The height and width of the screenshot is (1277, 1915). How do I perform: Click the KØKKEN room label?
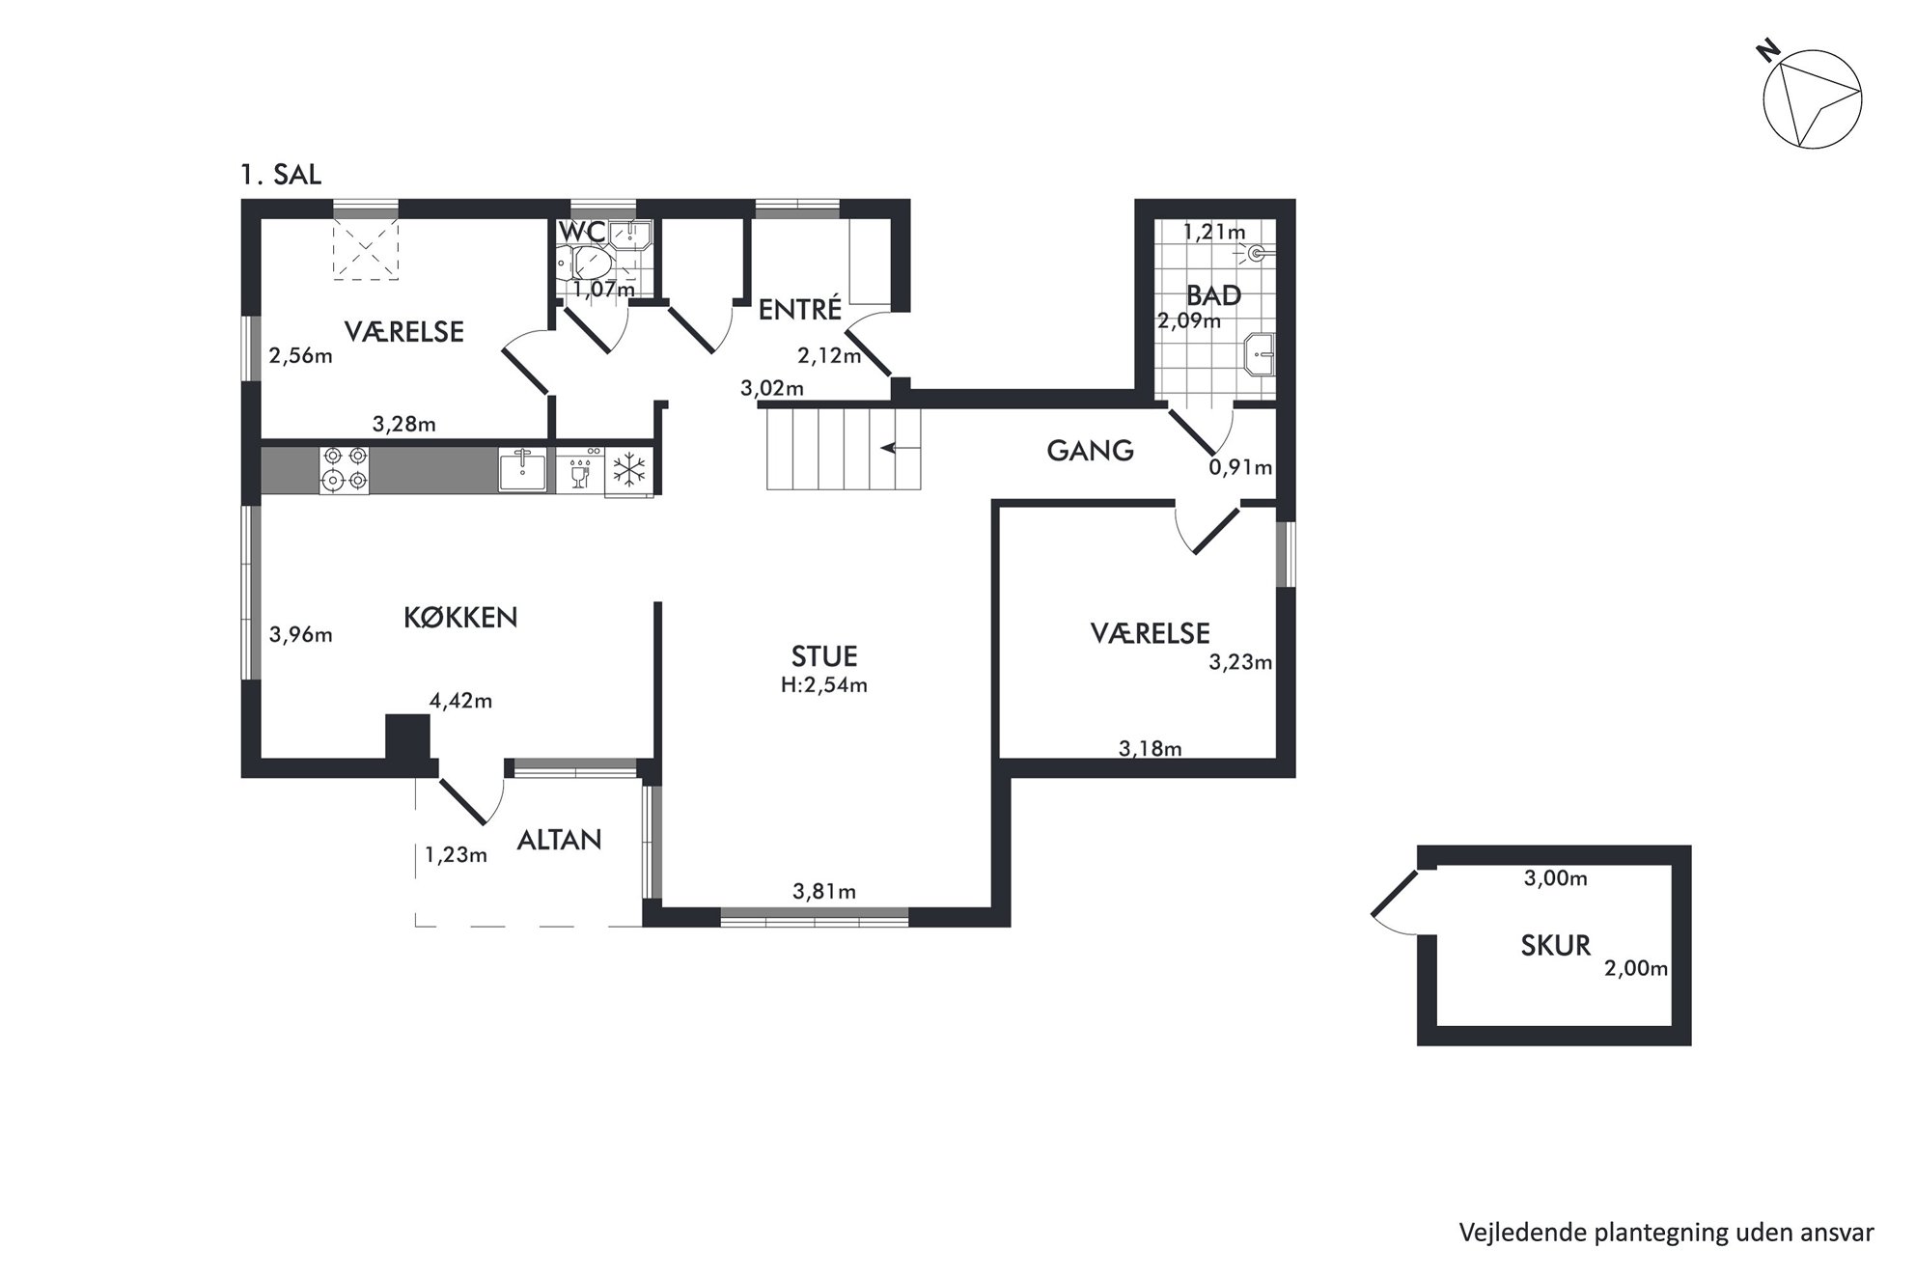click(x=460, y=618)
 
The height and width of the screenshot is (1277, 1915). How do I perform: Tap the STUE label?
click(x=824, y=657)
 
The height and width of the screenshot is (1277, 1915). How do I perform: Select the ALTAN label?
click(x=560, y=840)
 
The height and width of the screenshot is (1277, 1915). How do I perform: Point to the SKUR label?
click(x=1556, y=946)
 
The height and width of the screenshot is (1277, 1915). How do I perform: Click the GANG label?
click(x=1091, y=451)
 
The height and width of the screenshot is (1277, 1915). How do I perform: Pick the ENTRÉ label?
click(x=800, y=309)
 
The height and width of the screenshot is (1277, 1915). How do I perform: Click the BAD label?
click(x=1213, y=295)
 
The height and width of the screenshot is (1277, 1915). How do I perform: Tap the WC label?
click(x=583, y=233)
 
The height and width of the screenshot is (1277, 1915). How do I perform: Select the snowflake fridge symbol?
click(x=629, y=471)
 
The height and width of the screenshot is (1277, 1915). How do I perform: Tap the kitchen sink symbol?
click(x=522, y=469)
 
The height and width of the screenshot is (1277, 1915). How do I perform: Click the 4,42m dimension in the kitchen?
click(x=460, y=701)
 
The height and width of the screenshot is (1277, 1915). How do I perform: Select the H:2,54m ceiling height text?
click(x=824, y=685)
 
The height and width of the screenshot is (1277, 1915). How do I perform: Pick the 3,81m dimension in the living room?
click(x=824, y=892)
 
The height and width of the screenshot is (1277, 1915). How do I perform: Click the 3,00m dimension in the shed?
click(x=1555, y=878)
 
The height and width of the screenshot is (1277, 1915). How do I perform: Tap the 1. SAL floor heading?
click(x=281, y=175)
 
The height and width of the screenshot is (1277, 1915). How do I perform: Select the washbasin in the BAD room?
click(x=1262, y=354)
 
